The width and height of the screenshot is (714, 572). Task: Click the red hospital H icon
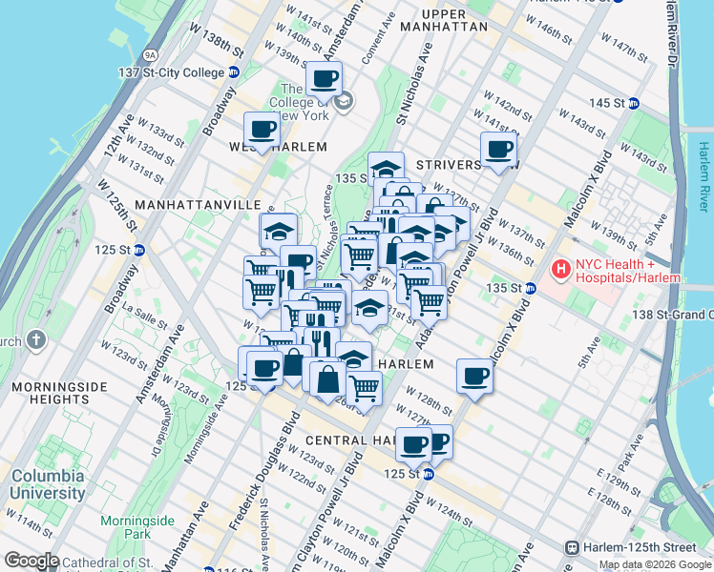pos(559,271)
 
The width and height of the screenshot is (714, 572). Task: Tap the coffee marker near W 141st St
pos(324,79)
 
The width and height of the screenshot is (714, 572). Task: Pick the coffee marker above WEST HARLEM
pos(261,130)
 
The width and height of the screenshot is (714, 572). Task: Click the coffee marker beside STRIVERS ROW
pos(499,149)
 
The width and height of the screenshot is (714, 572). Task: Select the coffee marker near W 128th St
pos(474,376)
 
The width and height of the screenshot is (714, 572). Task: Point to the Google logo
pos(32,561)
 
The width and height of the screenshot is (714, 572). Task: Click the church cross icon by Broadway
pos(35,339)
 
